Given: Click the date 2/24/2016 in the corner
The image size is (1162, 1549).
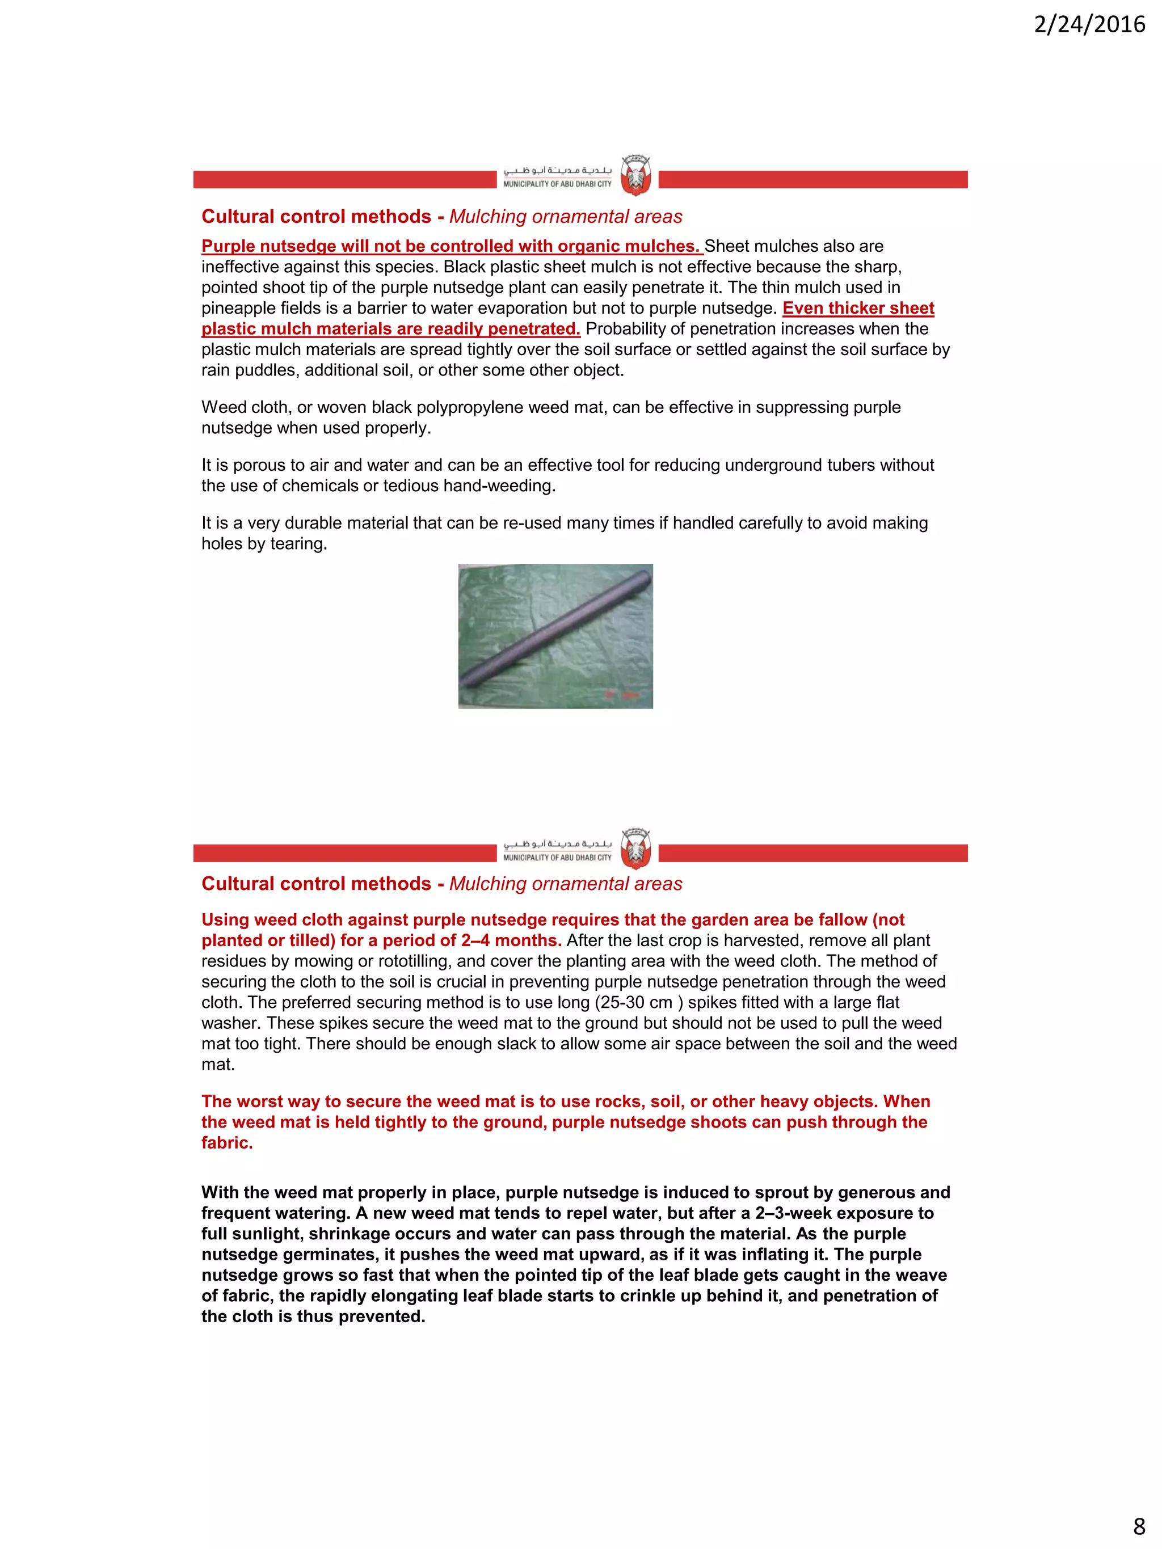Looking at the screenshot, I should point(1089,24).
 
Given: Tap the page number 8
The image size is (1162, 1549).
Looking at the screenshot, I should point(1139,1525).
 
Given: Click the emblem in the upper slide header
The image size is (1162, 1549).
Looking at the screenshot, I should point(636,175).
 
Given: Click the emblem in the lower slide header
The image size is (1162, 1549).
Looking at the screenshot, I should point(636,848).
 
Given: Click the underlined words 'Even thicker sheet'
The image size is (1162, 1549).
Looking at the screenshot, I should point(858,308).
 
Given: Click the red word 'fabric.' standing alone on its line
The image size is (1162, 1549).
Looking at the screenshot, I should point(227,1143).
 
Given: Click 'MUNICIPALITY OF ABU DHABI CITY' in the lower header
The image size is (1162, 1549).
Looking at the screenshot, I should point(557,858).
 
